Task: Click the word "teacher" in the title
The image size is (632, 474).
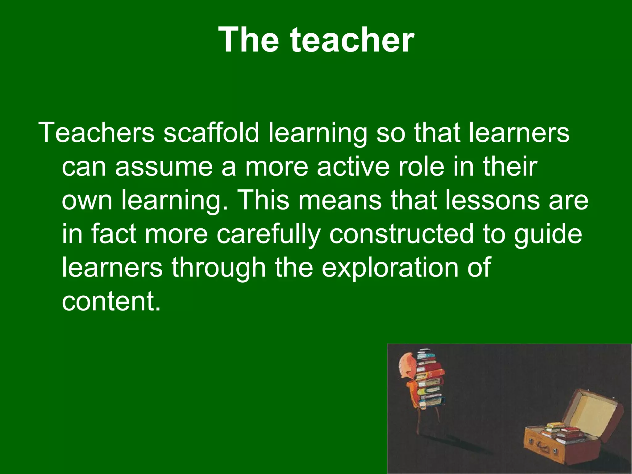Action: tap(352, 40)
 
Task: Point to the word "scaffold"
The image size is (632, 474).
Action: tap(211, 133)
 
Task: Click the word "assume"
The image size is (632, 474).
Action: tap(164, 167)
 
